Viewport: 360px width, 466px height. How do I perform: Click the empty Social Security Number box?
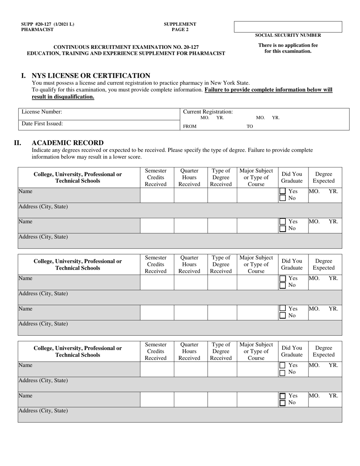[288, 27]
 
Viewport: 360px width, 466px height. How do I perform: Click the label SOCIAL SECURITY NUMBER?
[288, 35]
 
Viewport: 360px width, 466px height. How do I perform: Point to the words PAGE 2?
[180, 30]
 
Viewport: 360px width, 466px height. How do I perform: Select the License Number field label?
[42, 112]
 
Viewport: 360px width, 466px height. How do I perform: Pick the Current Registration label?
[208, 112]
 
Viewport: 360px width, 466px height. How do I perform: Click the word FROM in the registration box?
[189, 127]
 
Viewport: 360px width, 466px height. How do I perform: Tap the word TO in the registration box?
[250, 127]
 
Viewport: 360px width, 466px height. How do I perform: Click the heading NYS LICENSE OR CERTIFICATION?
[91, 75]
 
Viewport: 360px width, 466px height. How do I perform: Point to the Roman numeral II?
[17, 143]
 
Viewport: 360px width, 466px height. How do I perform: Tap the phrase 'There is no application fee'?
[288, 45]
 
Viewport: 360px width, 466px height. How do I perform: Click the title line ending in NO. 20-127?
[126, 47]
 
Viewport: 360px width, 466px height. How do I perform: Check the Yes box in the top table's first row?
[282, 191]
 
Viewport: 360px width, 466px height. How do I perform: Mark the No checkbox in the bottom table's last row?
[282, 403]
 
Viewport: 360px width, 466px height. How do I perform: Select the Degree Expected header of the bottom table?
[324, 351]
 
